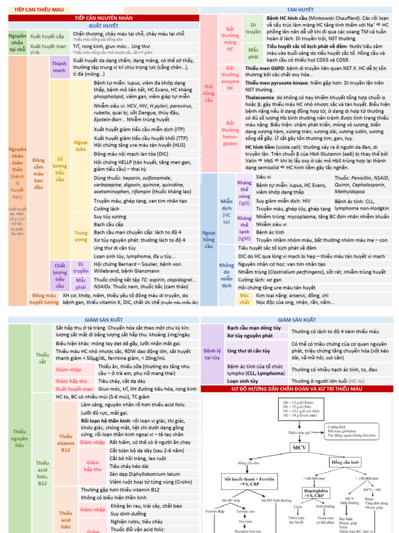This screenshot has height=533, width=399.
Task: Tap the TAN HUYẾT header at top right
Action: [x=296, y=9]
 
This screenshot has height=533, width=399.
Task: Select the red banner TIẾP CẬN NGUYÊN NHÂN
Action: [x=103, y=18]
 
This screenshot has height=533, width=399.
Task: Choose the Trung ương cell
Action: [x=81, y=236]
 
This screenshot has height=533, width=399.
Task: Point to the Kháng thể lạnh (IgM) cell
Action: [x=244, y=228]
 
